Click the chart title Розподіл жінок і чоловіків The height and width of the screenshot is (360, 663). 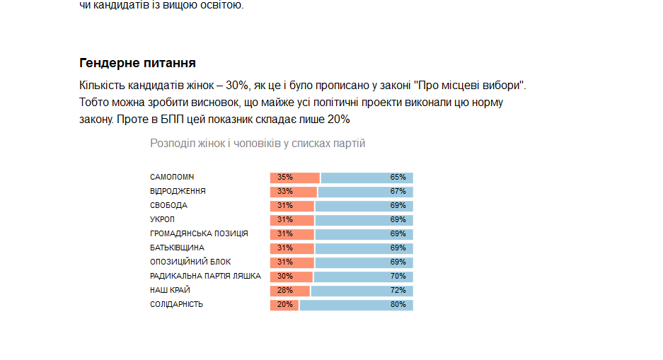coord(258,144)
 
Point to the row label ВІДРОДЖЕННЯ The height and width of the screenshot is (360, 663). coord(178,192)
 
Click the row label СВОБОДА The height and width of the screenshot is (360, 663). coord(168,206)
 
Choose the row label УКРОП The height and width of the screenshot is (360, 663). coord(162,220)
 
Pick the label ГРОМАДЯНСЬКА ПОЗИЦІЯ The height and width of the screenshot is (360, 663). coord(199,234)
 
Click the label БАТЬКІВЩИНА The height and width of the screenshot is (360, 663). coord(177,248)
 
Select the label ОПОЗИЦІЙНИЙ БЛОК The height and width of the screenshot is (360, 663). coord(190,262)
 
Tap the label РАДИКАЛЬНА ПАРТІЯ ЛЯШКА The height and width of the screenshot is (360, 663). coord(205,277)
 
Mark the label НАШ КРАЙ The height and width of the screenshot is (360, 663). coord(170,291)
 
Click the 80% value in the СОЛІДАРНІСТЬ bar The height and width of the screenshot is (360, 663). coord(398,305)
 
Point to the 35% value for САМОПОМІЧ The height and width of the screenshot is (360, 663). coord(285,178)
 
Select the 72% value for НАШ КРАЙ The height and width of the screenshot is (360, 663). coord(398,291)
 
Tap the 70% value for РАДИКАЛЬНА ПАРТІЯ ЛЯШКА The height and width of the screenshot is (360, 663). coord(398,277)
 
